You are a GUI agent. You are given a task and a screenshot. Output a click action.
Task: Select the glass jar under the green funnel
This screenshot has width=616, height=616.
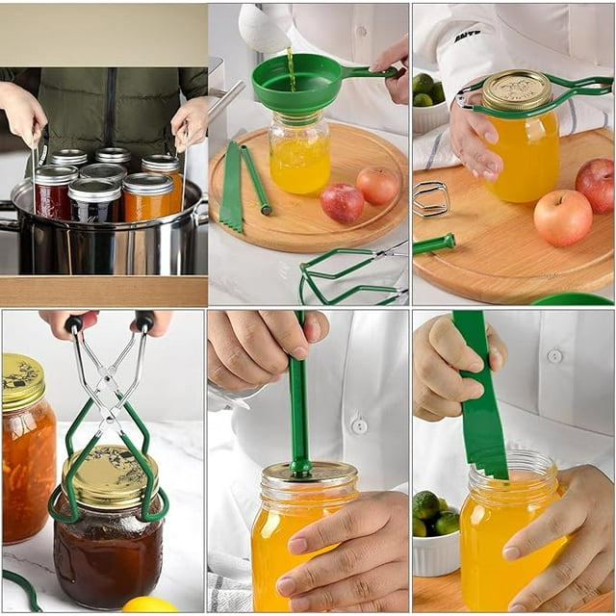(x=299, y=154)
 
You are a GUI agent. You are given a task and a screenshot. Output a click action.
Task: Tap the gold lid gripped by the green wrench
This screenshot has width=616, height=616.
(x=516, y=90)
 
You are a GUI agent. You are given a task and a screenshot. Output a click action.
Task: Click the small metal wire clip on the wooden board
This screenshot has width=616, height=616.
(x=430, y=198)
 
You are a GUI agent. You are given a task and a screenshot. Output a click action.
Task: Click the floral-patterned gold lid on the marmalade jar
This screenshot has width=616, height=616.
(x=22, y=380)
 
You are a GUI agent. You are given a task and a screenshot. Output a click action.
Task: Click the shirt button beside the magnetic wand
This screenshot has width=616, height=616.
(x=358, y=424)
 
